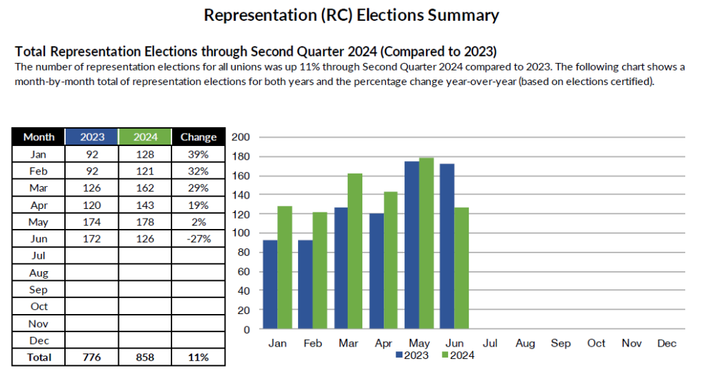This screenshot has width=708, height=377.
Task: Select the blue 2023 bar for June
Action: [448, 246]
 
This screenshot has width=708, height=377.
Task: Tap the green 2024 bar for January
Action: [283, 268]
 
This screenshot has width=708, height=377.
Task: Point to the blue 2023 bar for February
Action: [306, 284]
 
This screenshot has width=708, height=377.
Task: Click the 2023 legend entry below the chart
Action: [412, 356]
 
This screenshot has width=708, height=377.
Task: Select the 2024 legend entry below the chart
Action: [457, 356]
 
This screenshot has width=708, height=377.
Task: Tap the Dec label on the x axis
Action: [667, 343]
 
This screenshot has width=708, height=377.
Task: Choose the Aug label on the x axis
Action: [525, 343]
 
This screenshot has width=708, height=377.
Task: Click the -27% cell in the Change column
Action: [198, 239]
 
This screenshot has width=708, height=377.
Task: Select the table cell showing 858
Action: [145, 358]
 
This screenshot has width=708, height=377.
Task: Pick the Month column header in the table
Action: [39, 137]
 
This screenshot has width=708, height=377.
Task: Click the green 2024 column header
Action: [145, 137]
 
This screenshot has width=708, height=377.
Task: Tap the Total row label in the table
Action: [39, 358]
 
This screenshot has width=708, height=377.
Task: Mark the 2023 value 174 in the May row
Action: [92, 222]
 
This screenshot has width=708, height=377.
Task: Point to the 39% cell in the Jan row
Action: [198, 154]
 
